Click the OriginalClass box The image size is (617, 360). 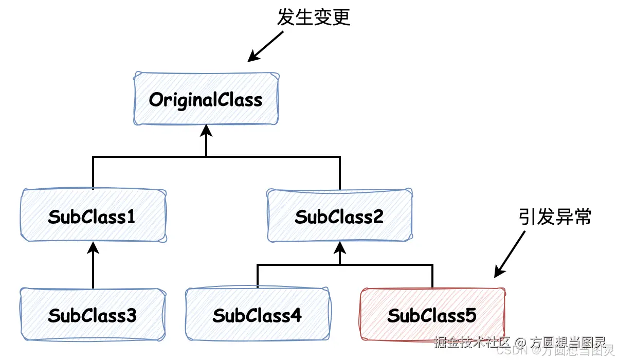(x=206, y=99)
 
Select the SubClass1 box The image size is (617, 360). (x=93, y=216)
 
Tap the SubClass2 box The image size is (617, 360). (x=339, y=216)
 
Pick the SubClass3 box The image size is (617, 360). (x=93, y=314)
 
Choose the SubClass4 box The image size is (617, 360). (x=257, y=314)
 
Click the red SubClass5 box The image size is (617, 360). (x=432, y=314)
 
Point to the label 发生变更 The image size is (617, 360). (x=313, y=17)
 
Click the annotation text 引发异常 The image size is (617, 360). (x=555, y=217)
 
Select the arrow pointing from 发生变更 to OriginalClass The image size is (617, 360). (x=266, y=46)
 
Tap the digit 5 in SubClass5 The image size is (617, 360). (x=470, y=315)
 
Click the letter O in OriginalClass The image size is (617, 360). (x=156, y=99)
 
